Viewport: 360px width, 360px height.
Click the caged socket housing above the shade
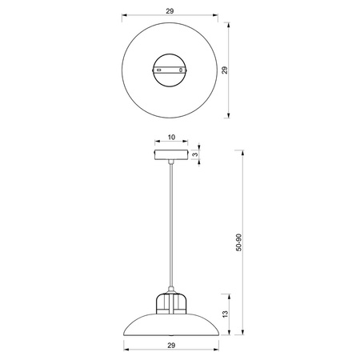170,305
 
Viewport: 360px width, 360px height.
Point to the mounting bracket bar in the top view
170,70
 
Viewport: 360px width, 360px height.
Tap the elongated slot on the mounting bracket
160,71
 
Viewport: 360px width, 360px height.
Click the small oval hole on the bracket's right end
182,71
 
